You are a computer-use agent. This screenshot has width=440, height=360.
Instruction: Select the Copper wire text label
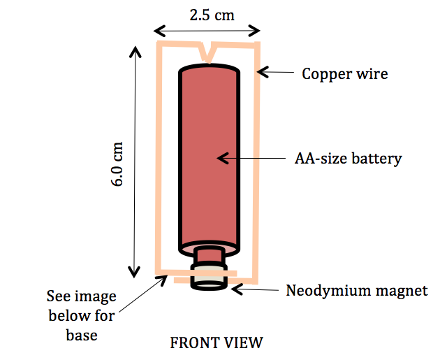pos(344,73)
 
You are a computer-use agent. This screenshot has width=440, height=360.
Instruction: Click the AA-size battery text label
pos(348,159)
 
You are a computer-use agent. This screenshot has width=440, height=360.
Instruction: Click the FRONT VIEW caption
pos(217,343)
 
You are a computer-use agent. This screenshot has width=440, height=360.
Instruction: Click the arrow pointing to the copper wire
pos(280,72)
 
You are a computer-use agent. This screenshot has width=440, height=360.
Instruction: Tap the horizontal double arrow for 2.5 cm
pos(207,30)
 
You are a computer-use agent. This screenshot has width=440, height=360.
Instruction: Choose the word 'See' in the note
pos(57,296)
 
